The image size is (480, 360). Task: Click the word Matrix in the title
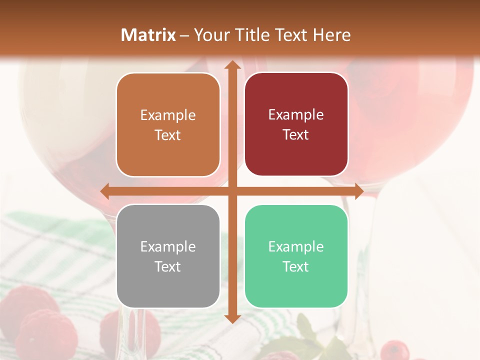tap(148, 35)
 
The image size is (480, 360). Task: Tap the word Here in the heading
tap(331, 35)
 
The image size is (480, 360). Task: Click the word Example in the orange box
tap(168, 115)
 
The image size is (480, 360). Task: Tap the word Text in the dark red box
tap(296, 135)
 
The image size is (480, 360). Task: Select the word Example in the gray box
tap(168, 247)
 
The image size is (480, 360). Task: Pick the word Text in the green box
tap(296, 267)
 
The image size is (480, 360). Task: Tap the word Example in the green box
tap(296, 247)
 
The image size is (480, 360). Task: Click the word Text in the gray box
tap(168, 267)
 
